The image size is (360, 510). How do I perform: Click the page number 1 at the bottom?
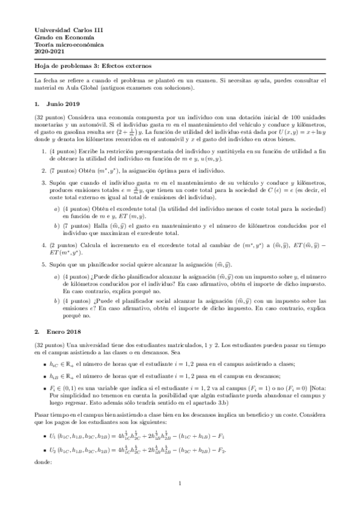(x=180, y=484)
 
